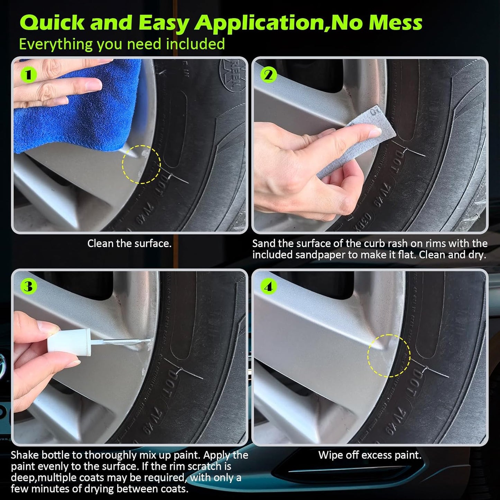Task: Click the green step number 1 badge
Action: (28, 75)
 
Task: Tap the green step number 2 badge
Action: (269, 75)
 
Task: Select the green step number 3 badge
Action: (28, 287)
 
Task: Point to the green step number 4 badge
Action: (269, 287)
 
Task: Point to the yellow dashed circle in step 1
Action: (141, 164)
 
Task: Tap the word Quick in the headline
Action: (52, 23)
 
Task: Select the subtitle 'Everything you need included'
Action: (122, 44)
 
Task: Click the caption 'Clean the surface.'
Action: (129, 244)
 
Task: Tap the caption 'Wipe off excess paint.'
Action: (370, 455)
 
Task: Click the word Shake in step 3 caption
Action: (25, 455)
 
